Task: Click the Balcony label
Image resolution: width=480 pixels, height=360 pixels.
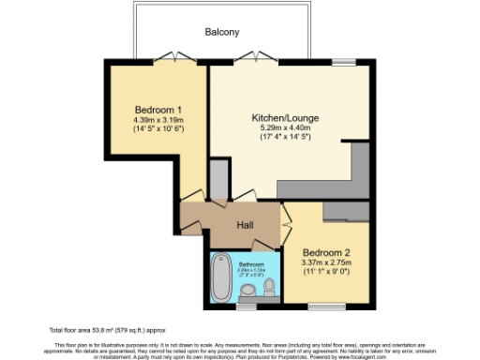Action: [222, 32]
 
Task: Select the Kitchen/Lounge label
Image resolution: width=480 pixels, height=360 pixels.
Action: [281, 118]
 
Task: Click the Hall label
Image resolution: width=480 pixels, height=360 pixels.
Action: [245, 226]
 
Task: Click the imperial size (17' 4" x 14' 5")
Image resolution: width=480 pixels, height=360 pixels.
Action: [281, 139]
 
